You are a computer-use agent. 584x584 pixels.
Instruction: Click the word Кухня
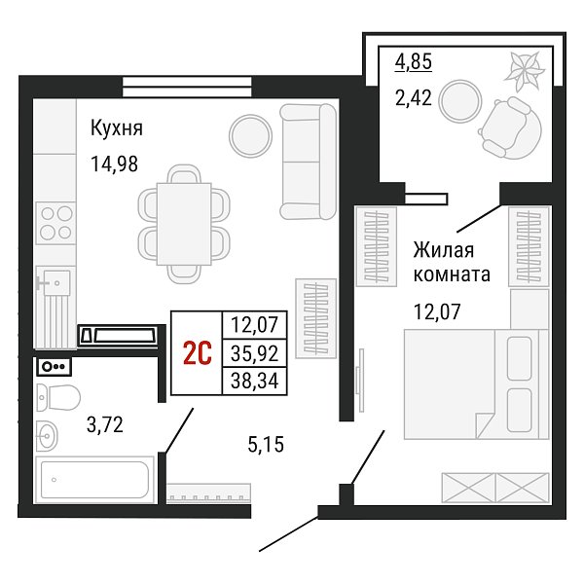coord(117,128)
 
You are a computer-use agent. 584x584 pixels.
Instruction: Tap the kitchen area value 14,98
coord(114,164)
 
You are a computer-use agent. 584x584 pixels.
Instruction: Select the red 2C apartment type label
coord(198,353)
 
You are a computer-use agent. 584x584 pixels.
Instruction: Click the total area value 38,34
coord(254,381)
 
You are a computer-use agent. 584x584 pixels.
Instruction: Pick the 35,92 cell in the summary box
coord(254,353)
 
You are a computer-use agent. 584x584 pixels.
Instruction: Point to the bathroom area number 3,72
coord(105,424)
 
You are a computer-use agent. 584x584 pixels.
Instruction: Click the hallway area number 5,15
coord(266,445)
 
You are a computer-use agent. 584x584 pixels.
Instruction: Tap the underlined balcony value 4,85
coord(414,61)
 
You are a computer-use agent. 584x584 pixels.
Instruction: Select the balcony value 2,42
coord(414,98)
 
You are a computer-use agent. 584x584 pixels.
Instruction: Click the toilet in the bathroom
coord(58,397)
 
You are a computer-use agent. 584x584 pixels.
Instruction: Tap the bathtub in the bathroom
coord(94,480)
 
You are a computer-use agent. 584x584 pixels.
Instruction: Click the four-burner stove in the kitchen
coord(55,223)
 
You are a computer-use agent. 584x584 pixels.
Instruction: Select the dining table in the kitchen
coord(184,224)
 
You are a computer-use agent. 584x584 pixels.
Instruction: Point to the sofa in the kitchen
coord(309,162)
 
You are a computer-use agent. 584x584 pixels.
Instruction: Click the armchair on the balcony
coord(510,128)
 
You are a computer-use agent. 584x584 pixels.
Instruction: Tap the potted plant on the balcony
coord(524,71)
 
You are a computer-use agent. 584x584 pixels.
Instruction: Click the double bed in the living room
coord(476,384)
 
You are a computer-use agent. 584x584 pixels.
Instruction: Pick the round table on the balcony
coord(460,101)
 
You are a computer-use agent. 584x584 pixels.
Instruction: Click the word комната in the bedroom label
coord(452,274)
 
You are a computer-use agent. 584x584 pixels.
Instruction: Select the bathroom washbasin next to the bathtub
coord(47,435)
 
